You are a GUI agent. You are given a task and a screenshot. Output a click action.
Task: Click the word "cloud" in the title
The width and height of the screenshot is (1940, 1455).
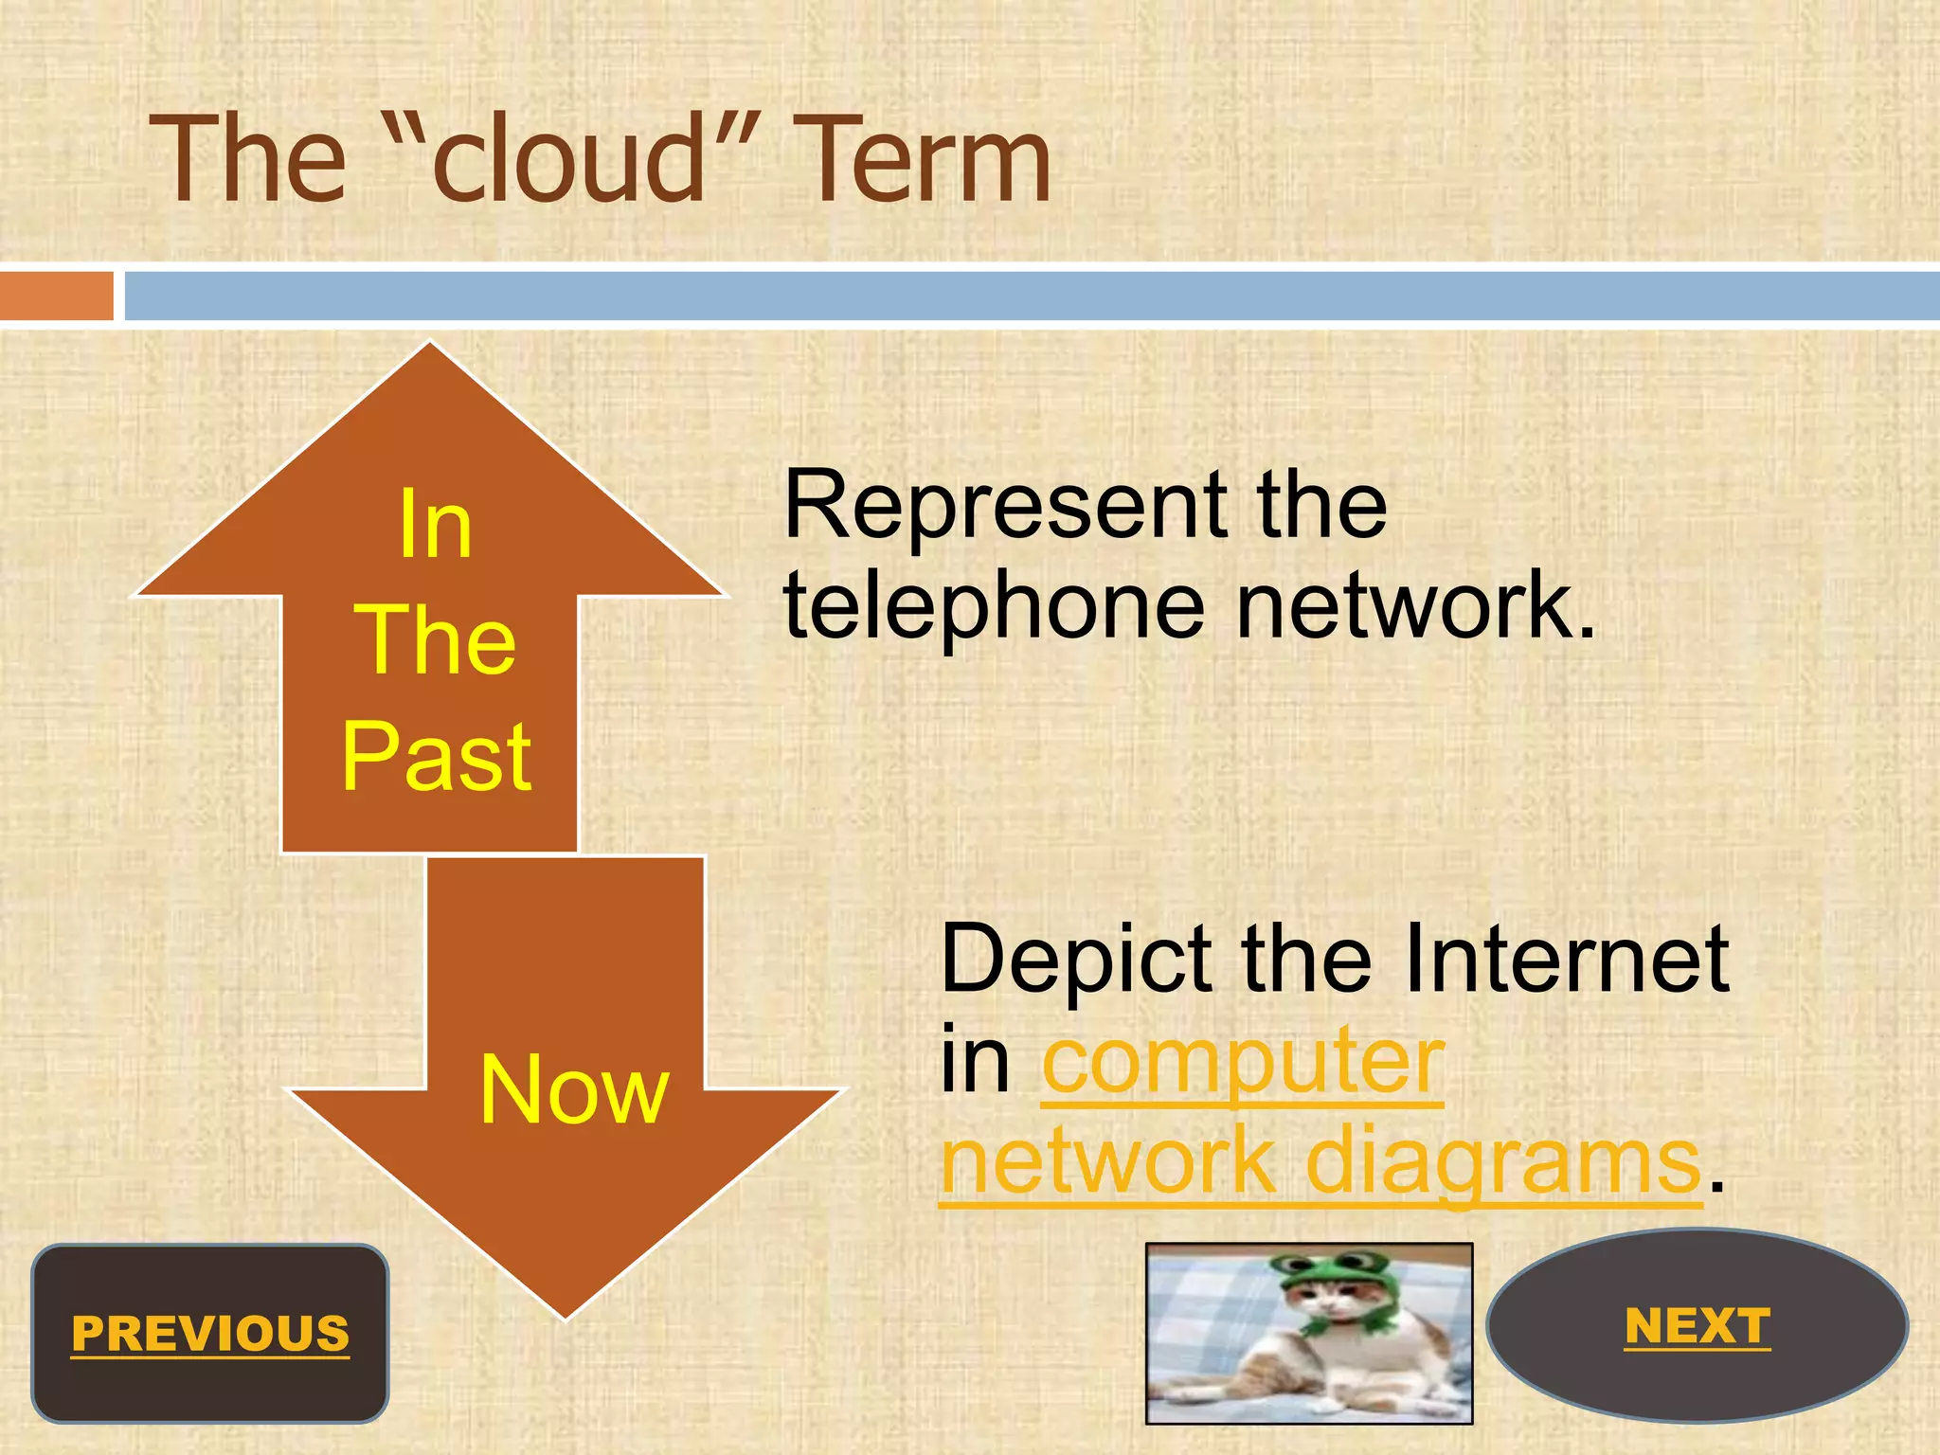[569, 159]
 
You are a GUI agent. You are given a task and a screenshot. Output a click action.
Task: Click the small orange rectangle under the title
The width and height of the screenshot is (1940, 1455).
[56, 296]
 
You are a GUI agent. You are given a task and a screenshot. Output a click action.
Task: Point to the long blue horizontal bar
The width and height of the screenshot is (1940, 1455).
[1031, 296]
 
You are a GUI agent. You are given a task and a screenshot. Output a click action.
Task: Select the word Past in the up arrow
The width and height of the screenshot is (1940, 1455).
[437, 758]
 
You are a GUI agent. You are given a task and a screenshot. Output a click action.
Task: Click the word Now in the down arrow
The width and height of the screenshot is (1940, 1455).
[574, 1091]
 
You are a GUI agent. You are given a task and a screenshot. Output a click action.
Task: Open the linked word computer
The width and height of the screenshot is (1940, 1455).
[1243, 1061]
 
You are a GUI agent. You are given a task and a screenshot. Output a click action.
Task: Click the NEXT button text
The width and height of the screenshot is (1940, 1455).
[1697, 1326]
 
